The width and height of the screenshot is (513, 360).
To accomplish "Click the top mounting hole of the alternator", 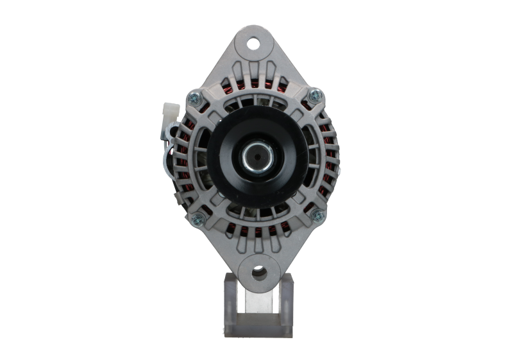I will point(254,44).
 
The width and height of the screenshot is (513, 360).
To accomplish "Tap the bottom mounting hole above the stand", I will point(258,273).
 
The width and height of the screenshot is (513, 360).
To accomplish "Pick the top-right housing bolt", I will point(314,96).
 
